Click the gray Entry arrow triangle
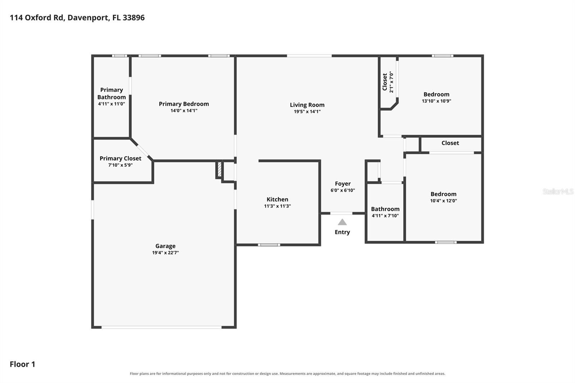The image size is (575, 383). pos(342,222)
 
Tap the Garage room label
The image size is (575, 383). pos(166,246)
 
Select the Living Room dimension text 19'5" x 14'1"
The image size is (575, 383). pos(307,111)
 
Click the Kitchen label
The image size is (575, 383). pos(277,199)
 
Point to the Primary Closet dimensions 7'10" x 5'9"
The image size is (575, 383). pos(120,165)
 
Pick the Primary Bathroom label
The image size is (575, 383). pos(111,93)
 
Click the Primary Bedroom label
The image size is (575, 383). pos(184,104)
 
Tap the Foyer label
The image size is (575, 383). pos(343,184)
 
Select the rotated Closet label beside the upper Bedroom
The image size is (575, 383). pos(385,82)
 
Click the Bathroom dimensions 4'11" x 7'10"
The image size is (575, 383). pos(385,216)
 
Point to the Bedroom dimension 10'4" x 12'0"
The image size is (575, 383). pos(443,201)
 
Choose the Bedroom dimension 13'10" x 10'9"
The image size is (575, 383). pos(436,101)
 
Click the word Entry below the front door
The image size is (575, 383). pos(342,232)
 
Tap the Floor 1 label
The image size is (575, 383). pos(22,364)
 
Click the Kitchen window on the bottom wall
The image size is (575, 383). pos(269,245)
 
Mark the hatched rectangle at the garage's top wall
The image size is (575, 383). pos(220,169)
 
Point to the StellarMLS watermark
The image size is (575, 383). pos(558,191)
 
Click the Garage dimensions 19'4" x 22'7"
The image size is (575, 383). pos(166,253)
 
